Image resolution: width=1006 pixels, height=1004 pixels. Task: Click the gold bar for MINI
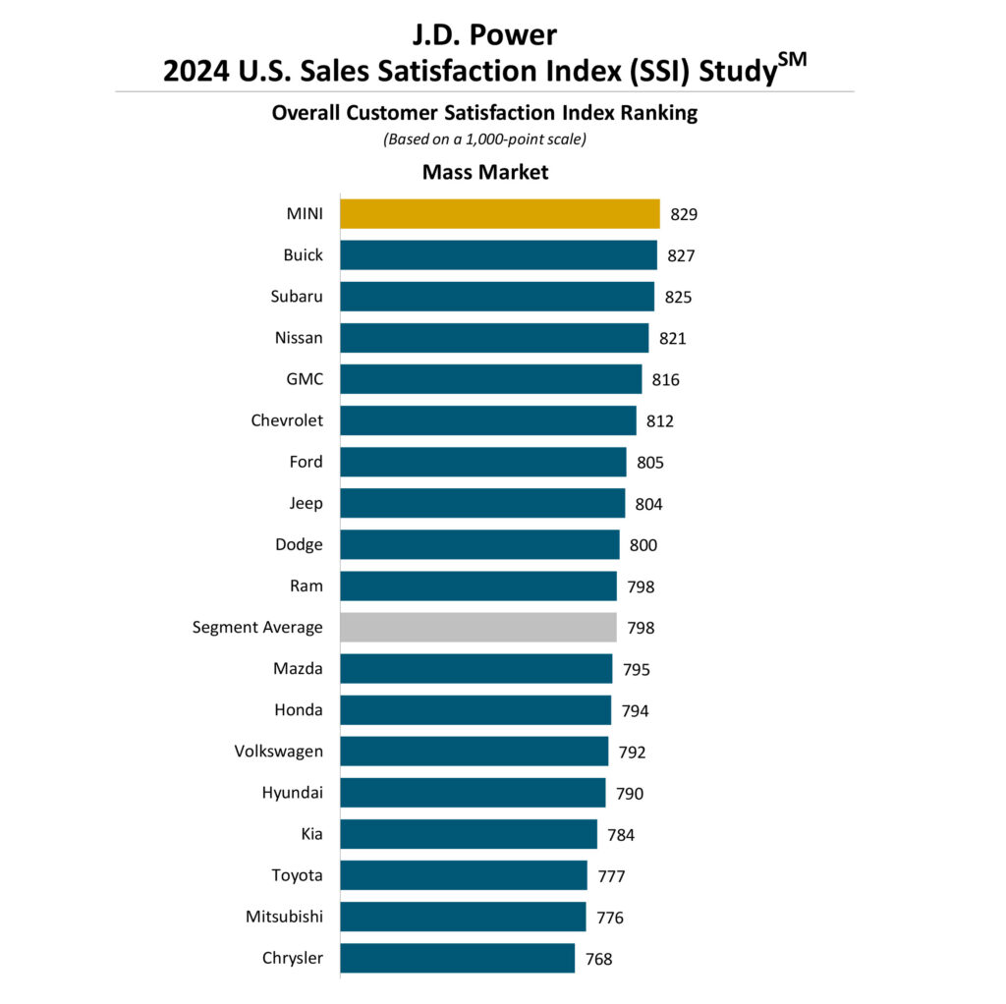(x=499, y=213)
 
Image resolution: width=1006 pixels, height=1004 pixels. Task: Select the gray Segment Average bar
(x=477, y=627)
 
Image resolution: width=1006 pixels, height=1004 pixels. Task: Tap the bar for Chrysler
(x=457, y=958)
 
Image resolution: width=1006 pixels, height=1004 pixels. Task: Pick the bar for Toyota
(x=463, y=875)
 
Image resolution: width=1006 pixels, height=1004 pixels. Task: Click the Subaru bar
(x=496, y=296)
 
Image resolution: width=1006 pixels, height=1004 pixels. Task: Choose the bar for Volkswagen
(x=474, y=752)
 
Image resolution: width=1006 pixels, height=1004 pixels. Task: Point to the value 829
(x=684, y=214)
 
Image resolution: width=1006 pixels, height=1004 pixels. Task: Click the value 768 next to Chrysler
(x=598, y=959)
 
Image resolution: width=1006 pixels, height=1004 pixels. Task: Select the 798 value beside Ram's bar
(x=640, y=586)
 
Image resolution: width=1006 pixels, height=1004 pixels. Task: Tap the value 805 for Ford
(x=649, y=462)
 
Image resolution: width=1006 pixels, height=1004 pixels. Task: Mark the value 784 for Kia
(x=621, y=835)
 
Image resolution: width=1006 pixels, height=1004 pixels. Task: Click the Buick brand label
(x=303, y=254)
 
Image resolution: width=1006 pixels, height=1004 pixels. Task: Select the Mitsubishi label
(x=284, y=917)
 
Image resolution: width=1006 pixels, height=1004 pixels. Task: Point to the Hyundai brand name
(x=292, y=793)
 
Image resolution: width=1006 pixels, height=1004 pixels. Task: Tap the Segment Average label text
(x=257, y=627)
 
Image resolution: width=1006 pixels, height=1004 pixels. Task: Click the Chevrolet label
(x=287, y=420)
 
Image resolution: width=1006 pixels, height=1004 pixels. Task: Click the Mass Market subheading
(x=485, y=172)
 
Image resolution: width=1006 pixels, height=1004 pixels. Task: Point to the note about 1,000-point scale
(x=484, y=139)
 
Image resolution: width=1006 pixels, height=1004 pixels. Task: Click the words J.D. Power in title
(x=484, y=34)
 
